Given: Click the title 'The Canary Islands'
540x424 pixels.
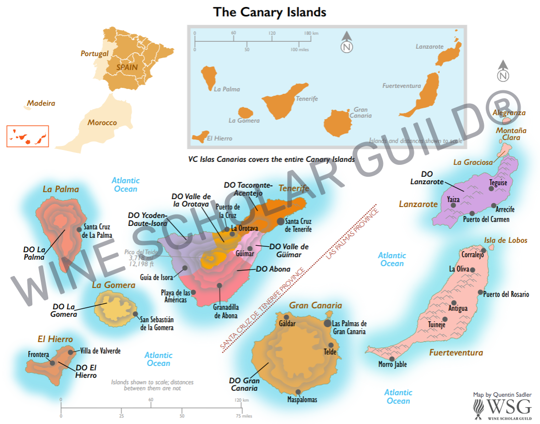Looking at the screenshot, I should (x=270, y=12).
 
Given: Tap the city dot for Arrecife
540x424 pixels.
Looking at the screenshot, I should (x=493, y=206).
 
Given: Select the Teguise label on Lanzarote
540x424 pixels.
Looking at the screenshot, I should (x=498, y=183).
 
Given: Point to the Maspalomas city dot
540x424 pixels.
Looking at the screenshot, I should (x=298, y=391).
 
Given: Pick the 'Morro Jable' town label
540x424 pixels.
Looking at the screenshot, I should (x=392, y=364).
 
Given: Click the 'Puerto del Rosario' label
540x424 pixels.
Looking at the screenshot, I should (x=506, y=294).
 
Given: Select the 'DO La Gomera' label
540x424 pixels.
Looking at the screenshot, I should (x=64, y=310).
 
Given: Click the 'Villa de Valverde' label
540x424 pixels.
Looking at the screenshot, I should (x=100, y=351).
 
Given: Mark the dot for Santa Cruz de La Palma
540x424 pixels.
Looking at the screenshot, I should (x=79, y=229).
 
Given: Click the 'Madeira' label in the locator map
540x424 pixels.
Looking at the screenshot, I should (x=41, y=104).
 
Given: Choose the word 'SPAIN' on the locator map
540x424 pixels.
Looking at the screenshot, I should (x=127, y=66).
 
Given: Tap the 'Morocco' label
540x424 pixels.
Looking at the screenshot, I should (x=102, y=123).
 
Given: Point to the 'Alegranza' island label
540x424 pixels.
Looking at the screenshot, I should (x=509, y=113).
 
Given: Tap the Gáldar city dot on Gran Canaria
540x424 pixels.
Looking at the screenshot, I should (x=286, y=316).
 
